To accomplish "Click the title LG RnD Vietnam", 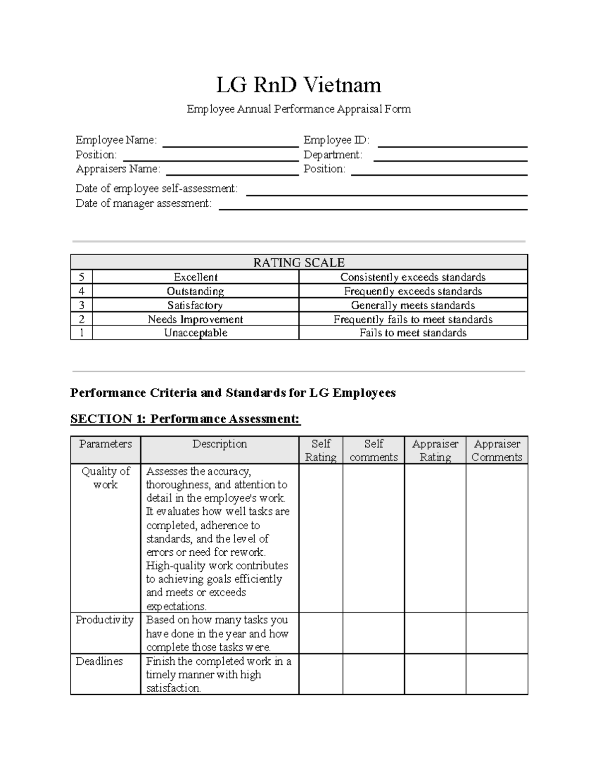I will [299, 85].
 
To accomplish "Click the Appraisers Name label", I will [118, 169].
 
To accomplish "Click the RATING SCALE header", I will [299, 263].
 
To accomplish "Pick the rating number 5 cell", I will [82, 277].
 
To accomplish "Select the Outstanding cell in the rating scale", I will [195, 291].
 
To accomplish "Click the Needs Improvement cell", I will [195, 319].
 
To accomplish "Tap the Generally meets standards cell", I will [413, 305].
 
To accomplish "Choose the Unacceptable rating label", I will [195, 333].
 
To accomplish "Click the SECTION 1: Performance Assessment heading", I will [185, 419].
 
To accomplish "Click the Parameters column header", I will [106, 444].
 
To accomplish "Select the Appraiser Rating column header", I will [435, 451].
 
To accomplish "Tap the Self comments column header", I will [374, 451].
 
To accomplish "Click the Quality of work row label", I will [106, 478].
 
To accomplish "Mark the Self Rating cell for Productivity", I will [320, 633].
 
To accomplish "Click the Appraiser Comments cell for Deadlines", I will [497, 674].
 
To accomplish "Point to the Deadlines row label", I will [99, 661].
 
